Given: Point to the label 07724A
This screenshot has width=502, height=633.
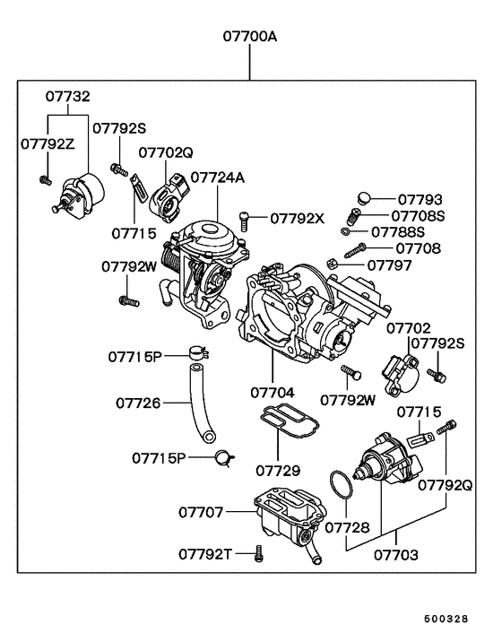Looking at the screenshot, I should coord(217,178).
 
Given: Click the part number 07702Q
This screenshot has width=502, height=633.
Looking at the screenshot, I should coord(165,152).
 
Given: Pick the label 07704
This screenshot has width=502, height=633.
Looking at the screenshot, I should coord(272,392).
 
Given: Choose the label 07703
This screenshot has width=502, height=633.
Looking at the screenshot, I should coord(395,555).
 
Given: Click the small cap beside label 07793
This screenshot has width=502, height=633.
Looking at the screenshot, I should coord(363,198).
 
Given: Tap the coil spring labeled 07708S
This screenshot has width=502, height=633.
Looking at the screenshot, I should coord(354,216).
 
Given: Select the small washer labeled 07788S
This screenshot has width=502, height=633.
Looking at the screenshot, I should coord(346,231).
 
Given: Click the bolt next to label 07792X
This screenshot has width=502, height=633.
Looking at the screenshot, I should coord(246,217).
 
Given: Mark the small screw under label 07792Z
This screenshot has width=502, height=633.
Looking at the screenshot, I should coord(43,180).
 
